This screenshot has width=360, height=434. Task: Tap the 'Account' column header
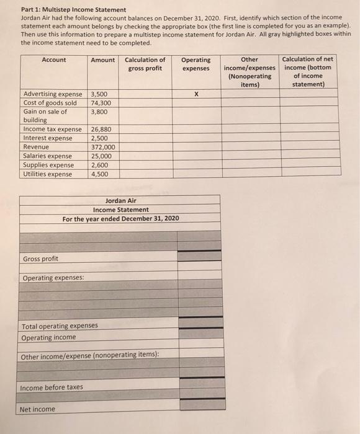54,60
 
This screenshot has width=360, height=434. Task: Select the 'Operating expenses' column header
196,64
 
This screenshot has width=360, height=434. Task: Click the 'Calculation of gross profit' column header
145,64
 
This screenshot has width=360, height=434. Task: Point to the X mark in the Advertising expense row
196,95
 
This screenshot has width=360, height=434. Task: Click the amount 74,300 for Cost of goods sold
101,104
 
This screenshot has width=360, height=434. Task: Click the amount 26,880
101,130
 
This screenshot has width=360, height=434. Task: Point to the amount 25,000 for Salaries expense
101,156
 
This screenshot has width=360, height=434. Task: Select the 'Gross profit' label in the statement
41,259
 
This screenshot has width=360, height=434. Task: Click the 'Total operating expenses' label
60,325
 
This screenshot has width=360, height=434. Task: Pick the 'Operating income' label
49,337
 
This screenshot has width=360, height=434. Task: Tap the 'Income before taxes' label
52,387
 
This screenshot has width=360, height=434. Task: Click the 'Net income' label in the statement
38,409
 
